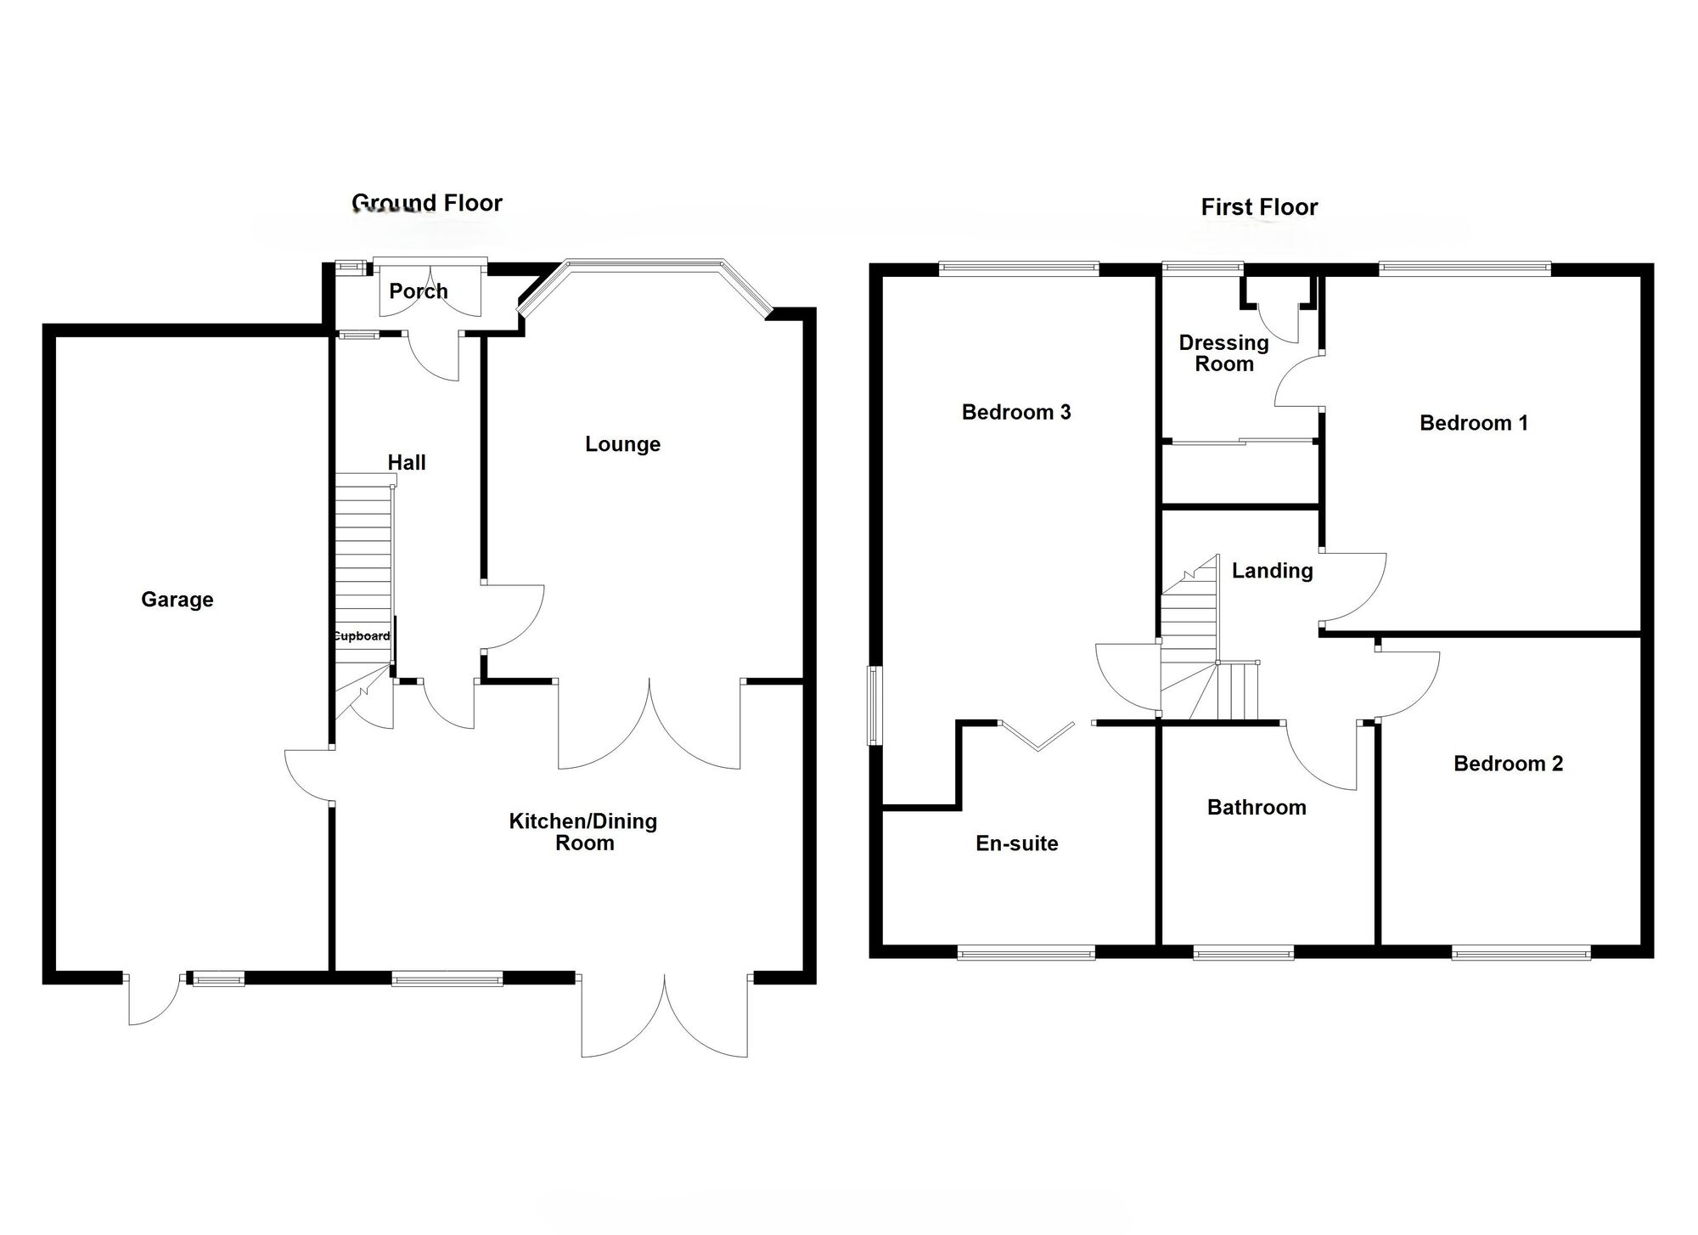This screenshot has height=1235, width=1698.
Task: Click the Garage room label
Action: tap(177, 600)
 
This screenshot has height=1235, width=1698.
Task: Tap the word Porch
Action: tap(418, 291)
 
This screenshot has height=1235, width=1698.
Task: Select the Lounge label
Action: tap(622, 444)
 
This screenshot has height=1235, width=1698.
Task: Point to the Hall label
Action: tap(407, 463)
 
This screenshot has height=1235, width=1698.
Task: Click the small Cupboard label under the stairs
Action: tap(361, 636)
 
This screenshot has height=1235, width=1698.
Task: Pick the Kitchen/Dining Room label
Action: tap(583, 832)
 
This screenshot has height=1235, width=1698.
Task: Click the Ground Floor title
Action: tap(427, 203)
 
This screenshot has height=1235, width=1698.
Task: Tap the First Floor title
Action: tap(1259, 207)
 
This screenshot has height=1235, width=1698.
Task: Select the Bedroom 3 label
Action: tap(1016, 413)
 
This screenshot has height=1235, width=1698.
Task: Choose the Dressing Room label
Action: tap(1223, 353)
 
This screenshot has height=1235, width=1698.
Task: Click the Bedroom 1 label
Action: tap(1474, 423)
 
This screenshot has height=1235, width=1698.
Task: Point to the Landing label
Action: tap(1272, 572)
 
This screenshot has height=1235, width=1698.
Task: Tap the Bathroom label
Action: tap(1257, 808)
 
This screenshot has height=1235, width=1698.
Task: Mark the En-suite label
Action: tap(1017, 843)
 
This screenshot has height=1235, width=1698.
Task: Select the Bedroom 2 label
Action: tap(1508, 764)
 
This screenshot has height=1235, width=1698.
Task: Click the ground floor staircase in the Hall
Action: tap(363, 561)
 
